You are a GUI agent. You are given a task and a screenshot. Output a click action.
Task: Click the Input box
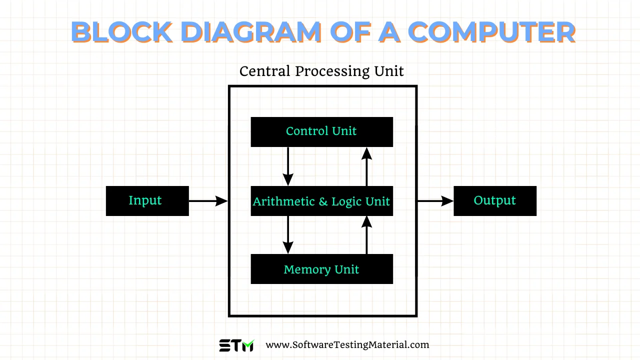147,201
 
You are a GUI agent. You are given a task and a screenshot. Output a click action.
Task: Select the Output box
494,201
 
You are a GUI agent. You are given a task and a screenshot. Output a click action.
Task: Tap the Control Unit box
321,132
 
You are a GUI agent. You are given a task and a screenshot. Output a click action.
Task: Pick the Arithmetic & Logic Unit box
321,201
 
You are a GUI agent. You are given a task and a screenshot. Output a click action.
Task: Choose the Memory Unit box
321,269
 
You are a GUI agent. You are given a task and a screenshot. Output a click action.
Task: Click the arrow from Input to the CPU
208,201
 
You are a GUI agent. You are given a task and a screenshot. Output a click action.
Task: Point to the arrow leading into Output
435,201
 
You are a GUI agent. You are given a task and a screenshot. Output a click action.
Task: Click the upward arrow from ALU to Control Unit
367,166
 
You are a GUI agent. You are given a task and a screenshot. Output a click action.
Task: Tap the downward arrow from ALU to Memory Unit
288,234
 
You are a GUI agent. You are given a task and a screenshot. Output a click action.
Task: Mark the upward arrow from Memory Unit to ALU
367,234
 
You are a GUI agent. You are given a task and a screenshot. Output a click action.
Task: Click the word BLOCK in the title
122,31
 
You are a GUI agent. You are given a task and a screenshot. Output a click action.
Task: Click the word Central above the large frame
265,71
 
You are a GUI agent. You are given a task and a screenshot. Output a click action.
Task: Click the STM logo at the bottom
236,345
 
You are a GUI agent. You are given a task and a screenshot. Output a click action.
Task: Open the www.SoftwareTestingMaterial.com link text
347,344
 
